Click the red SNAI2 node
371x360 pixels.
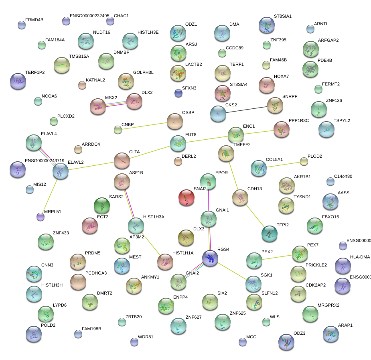[x=186, y=197]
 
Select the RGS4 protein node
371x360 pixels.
[x=210, y=258]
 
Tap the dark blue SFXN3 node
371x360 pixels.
[x=178, y=93]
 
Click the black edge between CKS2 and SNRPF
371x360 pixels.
[x=246, y=109]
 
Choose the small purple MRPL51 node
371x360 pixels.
[x=40, y=217]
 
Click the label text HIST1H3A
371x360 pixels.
[x=154, y=217]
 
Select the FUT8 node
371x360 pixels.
[x=178, y=143]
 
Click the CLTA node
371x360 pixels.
[x=122, y=161]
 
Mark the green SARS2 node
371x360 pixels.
[x=101, y=205]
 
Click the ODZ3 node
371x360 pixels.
[x=286, y=342]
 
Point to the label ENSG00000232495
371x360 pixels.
[x=89, y=16]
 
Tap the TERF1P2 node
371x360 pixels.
[x=18, y=81]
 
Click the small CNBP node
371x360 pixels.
[x=118, y=129]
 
